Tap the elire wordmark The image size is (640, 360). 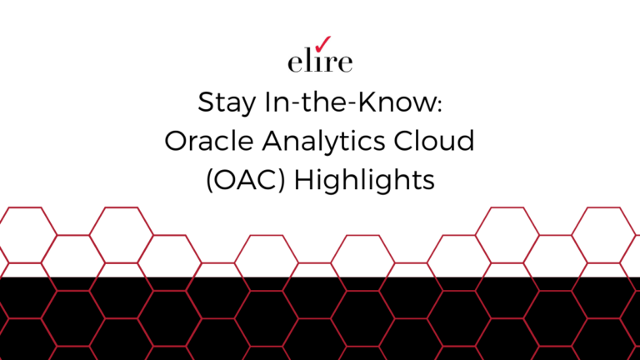[x=319, y=62]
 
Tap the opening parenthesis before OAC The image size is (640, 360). [x=208, y=180]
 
